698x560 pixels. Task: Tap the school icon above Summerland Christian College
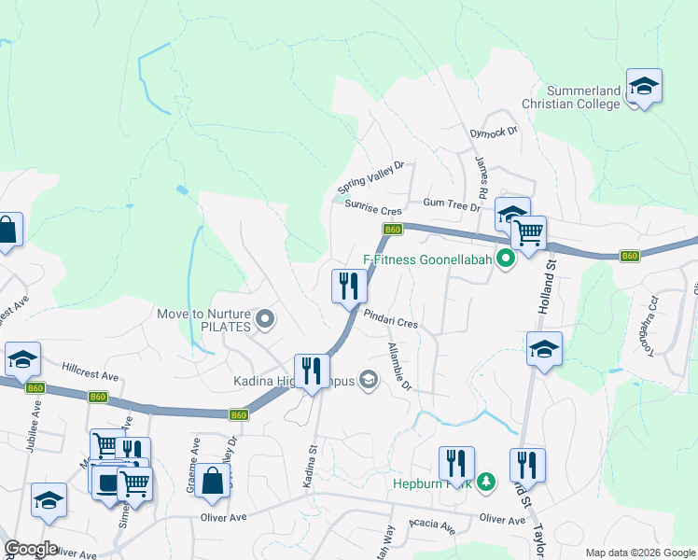tap(643, 87)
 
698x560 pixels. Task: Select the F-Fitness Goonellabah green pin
tap(507, 259)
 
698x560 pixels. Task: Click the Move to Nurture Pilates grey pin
tap(265, 320)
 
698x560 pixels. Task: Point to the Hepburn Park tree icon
tap(484, 482)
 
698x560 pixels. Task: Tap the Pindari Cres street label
tap(390, 318)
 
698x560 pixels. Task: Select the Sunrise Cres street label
tap(372, 210)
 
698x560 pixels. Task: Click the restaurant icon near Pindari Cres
tap(350, 285)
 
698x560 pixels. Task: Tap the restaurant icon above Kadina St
tap(311, 371)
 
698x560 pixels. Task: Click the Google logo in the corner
tap(31, 549)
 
